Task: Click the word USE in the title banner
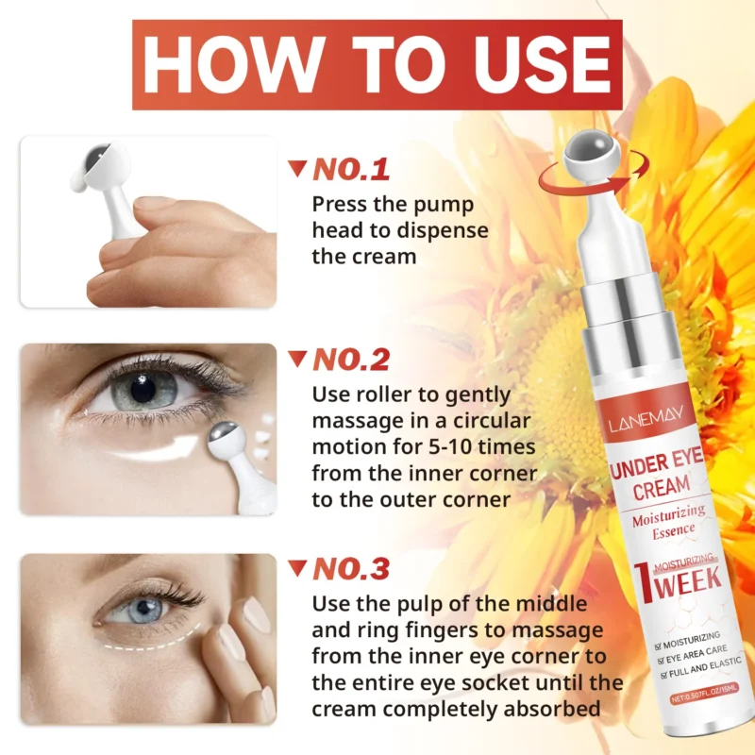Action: tap(535, 64)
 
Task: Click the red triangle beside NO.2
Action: tap(297, 359)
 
